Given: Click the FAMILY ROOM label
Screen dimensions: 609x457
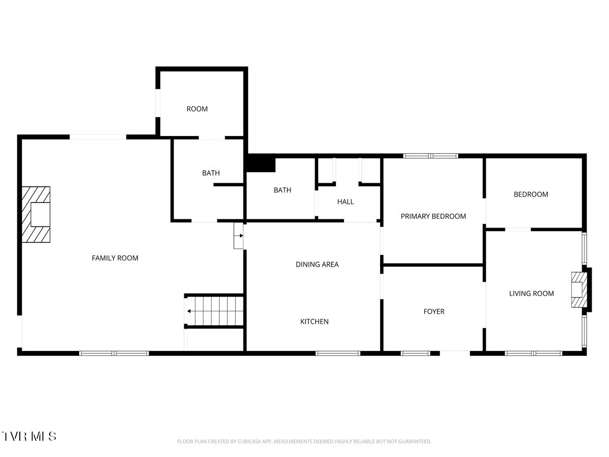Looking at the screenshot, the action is pyautogui.click(x=115, y=258).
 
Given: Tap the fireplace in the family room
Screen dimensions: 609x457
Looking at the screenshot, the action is pyautogui.click(x=36, y=214).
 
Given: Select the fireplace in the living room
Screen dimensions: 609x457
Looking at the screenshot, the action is pyautogui.click(x=580, y=289).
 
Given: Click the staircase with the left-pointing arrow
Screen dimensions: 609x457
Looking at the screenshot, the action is pyautogui.click(x=215, y=311).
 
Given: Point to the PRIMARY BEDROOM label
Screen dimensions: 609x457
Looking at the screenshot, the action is pyautogui.click(x=433, y=216).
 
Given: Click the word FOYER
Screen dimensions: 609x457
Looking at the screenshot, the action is pyautogui.click(x=434, y=311).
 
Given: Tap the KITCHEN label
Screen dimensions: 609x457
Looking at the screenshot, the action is pyautogui.click(x=314, y=321).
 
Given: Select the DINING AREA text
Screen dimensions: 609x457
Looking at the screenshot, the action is pyautogui.click(x=317, y=265).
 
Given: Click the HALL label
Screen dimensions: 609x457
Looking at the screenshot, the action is pyautogui.click(x=346, y=202).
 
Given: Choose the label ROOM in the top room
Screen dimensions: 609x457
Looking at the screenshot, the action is pyautogui.click(x=197, y=109).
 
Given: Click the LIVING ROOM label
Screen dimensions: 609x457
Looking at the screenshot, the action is pyautogui.click(x=531, y=293).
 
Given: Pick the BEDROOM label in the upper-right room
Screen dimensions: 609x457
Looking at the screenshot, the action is pyautogui.click(x=531, y=194).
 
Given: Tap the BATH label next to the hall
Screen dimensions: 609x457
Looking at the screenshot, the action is pyautogui.click(x=283, y=190).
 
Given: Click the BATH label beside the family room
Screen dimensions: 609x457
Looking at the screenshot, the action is pyautogui.click(x=211, y=173).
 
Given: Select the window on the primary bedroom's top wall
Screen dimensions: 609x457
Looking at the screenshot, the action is pyautogui.click(x=430, y=156).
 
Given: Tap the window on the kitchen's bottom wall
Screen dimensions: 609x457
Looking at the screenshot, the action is pyautogui.click(x=338, y=353).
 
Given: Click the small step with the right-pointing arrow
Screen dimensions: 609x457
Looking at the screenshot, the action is pyautogui.click(x=239, y=236).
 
